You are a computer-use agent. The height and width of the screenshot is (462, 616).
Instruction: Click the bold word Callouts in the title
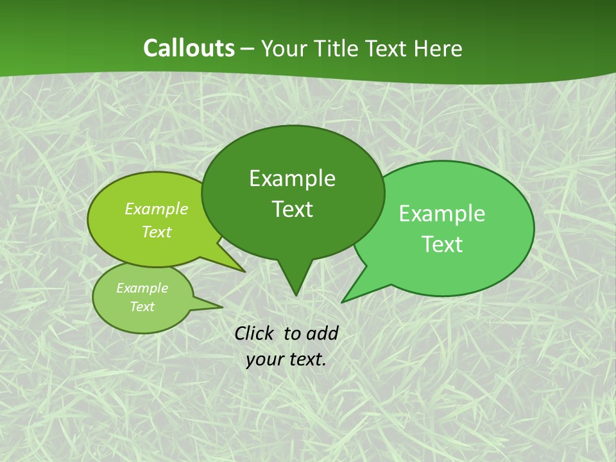[189, 48]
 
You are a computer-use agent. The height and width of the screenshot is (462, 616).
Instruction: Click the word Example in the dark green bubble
[292, 178]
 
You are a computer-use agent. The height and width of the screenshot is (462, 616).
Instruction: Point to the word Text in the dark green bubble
[292, 209]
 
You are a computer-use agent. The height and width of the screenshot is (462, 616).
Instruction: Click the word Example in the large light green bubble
[442, 214]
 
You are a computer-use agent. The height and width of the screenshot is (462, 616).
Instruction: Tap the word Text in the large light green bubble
[442, 244]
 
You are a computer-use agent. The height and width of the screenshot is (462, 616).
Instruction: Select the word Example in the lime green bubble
[156, 209]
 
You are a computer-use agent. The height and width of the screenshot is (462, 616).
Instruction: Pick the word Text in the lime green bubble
[156, 232]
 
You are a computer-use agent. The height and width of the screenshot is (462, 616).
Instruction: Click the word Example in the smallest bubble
[142, 288]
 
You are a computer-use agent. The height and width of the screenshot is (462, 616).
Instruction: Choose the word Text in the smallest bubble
[142, 307]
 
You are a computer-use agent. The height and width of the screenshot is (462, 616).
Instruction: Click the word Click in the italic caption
[255, 333]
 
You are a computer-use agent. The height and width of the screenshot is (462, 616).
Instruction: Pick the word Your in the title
[284, 48]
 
